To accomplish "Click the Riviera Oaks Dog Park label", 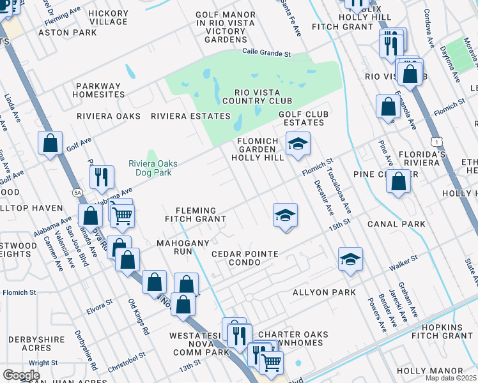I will pyautogui.click(x=152, y=167).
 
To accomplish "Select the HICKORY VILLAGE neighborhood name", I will pyautogui.click(x=108, y=17).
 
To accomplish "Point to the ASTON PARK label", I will pyautogui.click(x=67, y=32).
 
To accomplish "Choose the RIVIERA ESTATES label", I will pyautogui.click(x=190, y=116).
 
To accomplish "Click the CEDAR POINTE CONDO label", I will pyautogui.click(x=245, y=259).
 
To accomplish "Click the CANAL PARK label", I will pyautogui.click(x=396, y=224).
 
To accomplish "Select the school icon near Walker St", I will pyautogui.click(x=350, y=259).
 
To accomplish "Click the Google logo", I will pyautogui.click(x=21, y=375).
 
